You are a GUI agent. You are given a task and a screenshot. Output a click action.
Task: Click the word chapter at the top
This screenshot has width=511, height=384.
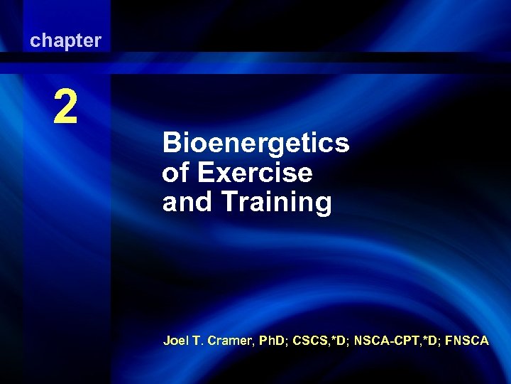[x=65, y=41]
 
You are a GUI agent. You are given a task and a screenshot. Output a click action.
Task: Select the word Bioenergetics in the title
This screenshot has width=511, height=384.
[x=255, y=144]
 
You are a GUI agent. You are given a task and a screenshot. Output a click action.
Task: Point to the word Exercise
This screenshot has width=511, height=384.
[x=254, y=173]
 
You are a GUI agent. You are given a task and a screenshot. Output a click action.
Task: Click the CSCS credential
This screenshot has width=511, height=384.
[x=307, y=341]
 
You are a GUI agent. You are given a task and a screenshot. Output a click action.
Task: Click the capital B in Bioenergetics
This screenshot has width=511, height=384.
[x=171, y=144]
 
